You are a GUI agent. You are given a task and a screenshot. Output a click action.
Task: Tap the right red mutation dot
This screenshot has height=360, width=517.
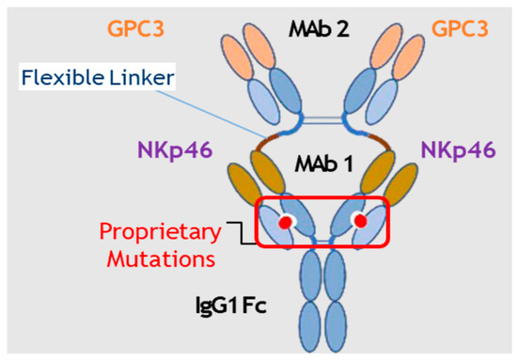tap(359, 221)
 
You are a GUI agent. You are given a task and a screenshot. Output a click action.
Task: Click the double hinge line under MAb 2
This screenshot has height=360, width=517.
tap(321, 122)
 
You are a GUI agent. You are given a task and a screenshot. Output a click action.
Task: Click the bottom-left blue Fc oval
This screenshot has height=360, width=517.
tap(308, 320)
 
